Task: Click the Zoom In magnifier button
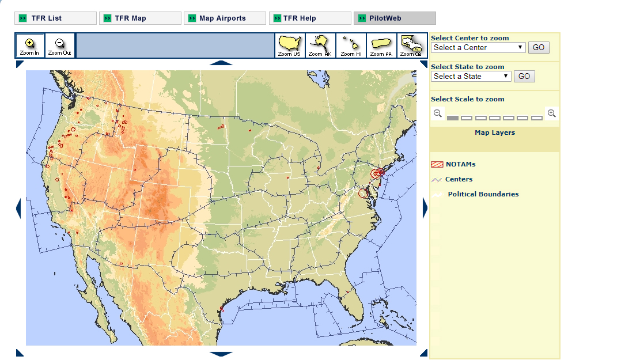point(29,46)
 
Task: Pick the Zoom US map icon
point(290,46)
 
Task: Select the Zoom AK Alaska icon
point(320,46)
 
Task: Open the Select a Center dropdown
point(478,47)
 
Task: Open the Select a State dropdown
point(471,76)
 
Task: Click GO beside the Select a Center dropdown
point(539,47)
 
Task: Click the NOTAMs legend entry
point(460,164)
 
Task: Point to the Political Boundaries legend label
point(483,194)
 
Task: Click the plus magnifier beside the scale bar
point(552,113)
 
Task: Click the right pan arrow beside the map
point(426,208)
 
